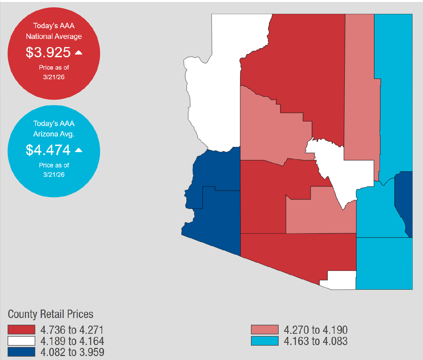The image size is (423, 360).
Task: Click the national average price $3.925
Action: coord(48,52)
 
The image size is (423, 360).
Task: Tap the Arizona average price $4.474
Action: coord(48,150)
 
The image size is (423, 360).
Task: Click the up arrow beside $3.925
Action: coord(79,52)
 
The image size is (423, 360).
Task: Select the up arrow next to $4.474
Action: coord(79,150)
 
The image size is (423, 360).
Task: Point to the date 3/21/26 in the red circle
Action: coord(54,77)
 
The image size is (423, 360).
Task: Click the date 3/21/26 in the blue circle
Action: coord(54,175)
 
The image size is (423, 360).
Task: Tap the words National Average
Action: coord(54,36)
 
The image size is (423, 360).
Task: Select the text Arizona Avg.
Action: coord(54,134)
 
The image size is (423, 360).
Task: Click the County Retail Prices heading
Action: coord(50,314)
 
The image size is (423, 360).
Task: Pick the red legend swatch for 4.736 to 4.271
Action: coord(21,330)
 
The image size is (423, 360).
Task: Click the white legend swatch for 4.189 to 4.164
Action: coord(21,341)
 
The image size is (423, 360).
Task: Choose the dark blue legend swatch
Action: coord(21,352)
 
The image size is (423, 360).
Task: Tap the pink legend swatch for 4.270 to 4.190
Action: coord(265,330)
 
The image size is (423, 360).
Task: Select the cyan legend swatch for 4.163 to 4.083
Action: coord(265,341)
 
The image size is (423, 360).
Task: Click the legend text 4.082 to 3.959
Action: coord(72,352)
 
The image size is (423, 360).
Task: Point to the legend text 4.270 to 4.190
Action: coord(316,330)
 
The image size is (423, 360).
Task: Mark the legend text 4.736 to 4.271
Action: coord(72,330)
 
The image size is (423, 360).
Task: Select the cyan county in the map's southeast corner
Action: coord(384,264)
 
